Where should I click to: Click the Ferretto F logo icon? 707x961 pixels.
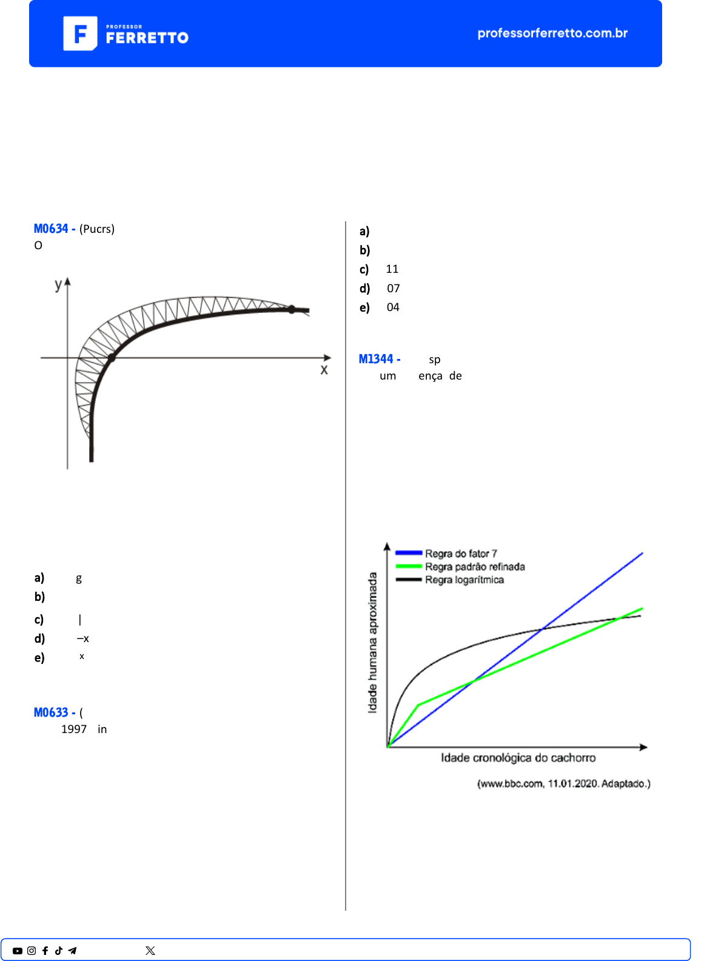tap(80, 33)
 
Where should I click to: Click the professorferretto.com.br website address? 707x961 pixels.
tap(552, 33)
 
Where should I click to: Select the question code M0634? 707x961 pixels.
tap(52, 229)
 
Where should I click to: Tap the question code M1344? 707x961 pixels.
tap(376, 359)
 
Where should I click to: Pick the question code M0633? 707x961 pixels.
tap(52, 712)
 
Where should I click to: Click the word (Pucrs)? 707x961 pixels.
tap(97, 229)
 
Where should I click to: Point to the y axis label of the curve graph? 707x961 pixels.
tap(58, 284)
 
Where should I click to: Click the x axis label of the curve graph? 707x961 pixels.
tap(324, 370)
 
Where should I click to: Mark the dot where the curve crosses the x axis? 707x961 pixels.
tap(112, 358)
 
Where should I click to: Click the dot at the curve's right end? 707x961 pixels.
tap(292, 309)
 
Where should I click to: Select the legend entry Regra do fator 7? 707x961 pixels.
tap(460, 554)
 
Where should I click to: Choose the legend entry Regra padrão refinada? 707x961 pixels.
tap(474, 567)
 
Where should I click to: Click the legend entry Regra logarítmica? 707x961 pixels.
tap(464, 580)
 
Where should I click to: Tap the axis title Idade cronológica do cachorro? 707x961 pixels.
tap(518, 758)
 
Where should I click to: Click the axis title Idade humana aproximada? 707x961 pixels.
tap(372, 643)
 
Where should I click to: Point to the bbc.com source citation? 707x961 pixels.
tap(563, 784)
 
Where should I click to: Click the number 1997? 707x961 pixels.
tap(74, 729)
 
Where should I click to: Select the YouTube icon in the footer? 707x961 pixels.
tap(18, 951)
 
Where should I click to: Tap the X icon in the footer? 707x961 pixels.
tap(150, 951)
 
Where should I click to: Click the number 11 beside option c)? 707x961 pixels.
tap(392, 269)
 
